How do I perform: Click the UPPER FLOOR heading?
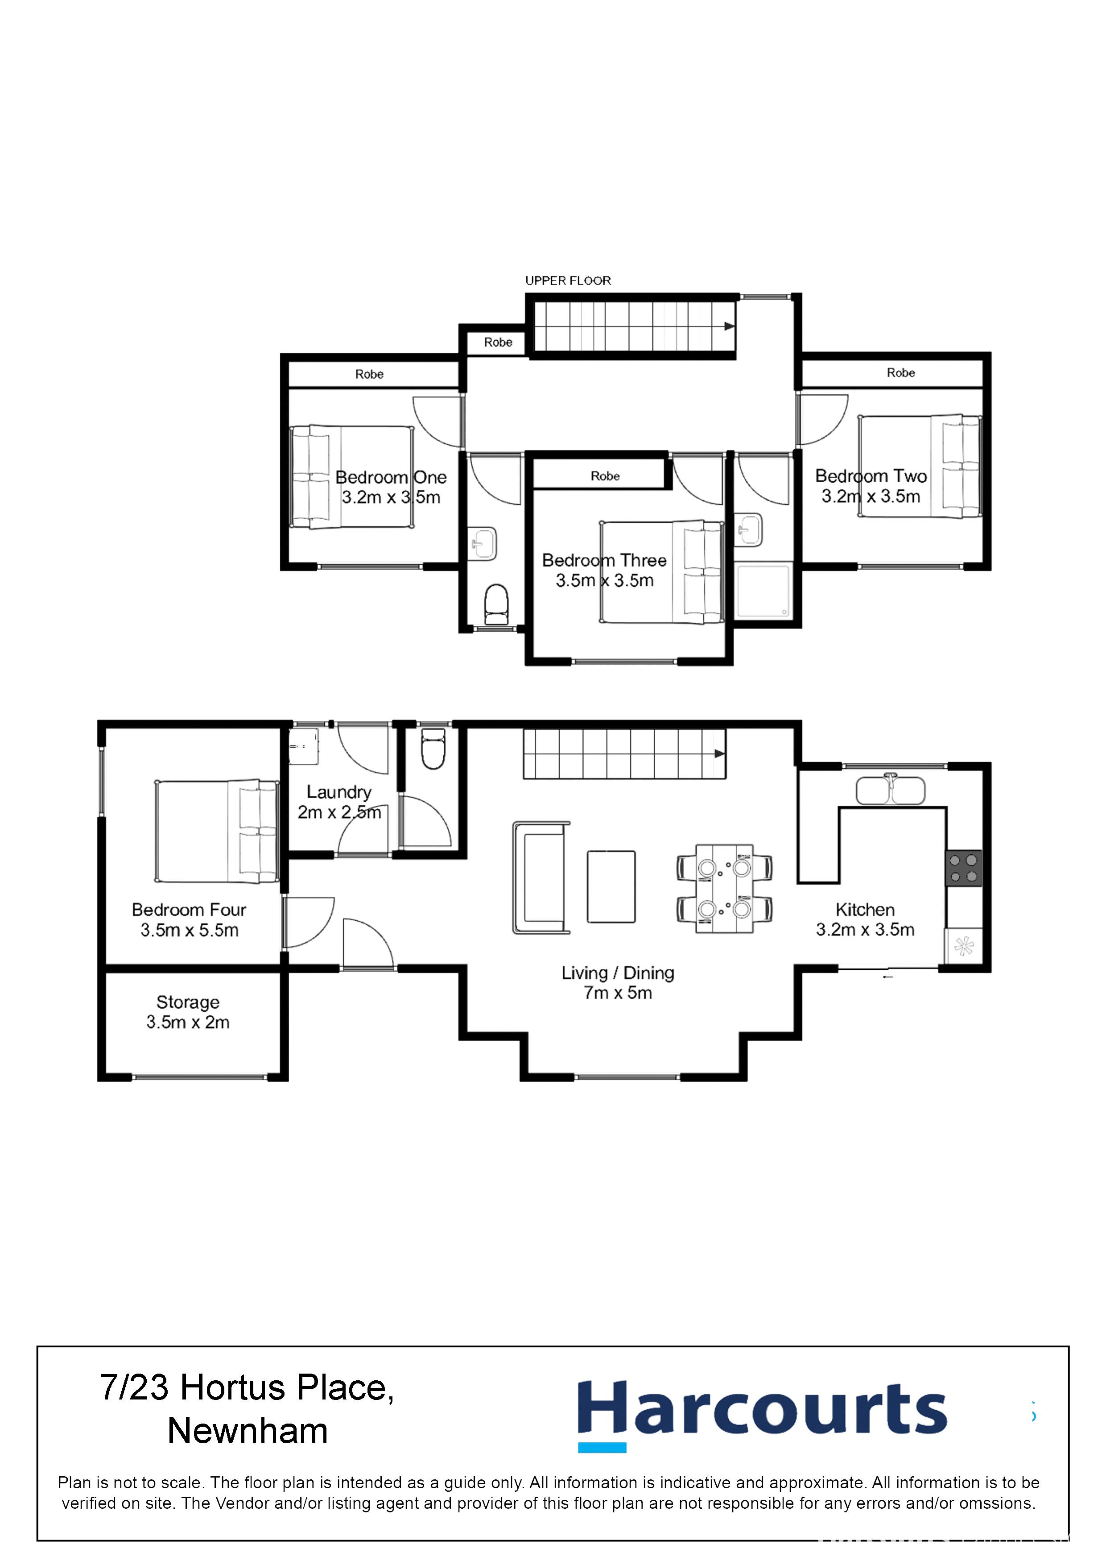(x=568, y=281)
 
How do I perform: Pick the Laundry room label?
(x=338, y=802)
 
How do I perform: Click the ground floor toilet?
(x=433, y=749)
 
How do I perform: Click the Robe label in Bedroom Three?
(x=605, y=476)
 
